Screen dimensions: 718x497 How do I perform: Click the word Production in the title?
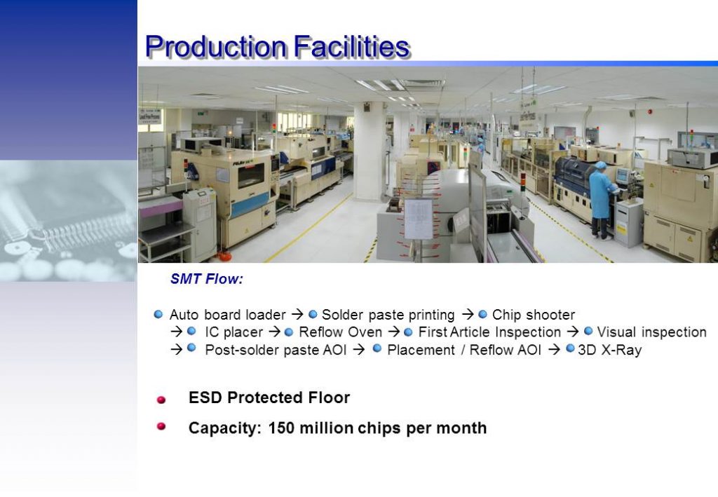(215, 46)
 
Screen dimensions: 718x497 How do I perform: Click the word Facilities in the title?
(351, 46)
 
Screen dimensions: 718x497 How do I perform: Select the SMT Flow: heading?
(207, 279)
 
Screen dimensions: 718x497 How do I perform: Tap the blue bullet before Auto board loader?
(158, 315)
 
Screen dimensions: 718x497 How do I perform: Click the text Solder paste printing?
(388, 315)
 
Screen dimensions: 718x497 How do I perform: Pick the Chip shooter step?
(534, 315)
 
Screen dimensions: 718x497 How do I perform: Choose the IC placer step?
(234, 332)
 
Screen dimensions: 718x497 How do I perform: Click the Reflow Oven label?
(340, 332)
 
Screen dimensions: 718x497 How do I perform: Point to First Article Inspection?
(489, 332)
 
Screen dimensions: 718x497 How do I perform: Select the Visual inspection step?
(651, 332)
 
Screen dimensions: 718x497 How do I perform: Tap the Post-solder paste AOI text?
(276, 350)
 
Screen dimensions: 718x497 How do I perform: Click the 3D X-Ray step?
(609, 350)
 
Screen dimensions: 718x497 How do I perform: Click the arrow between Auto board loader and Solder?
(297, 315)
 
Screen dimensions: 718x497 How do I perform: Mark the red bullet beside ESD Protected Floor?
(161, 400)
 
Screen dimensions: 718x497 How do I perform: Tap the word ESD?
(205, 397)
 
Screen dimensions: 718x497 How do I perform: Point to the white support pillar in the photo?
(369, 151)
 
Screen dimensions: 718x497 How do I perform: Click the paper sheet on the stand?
(418, 219)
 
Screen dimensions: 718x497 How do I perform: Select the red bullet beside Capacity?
(161, 426)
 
